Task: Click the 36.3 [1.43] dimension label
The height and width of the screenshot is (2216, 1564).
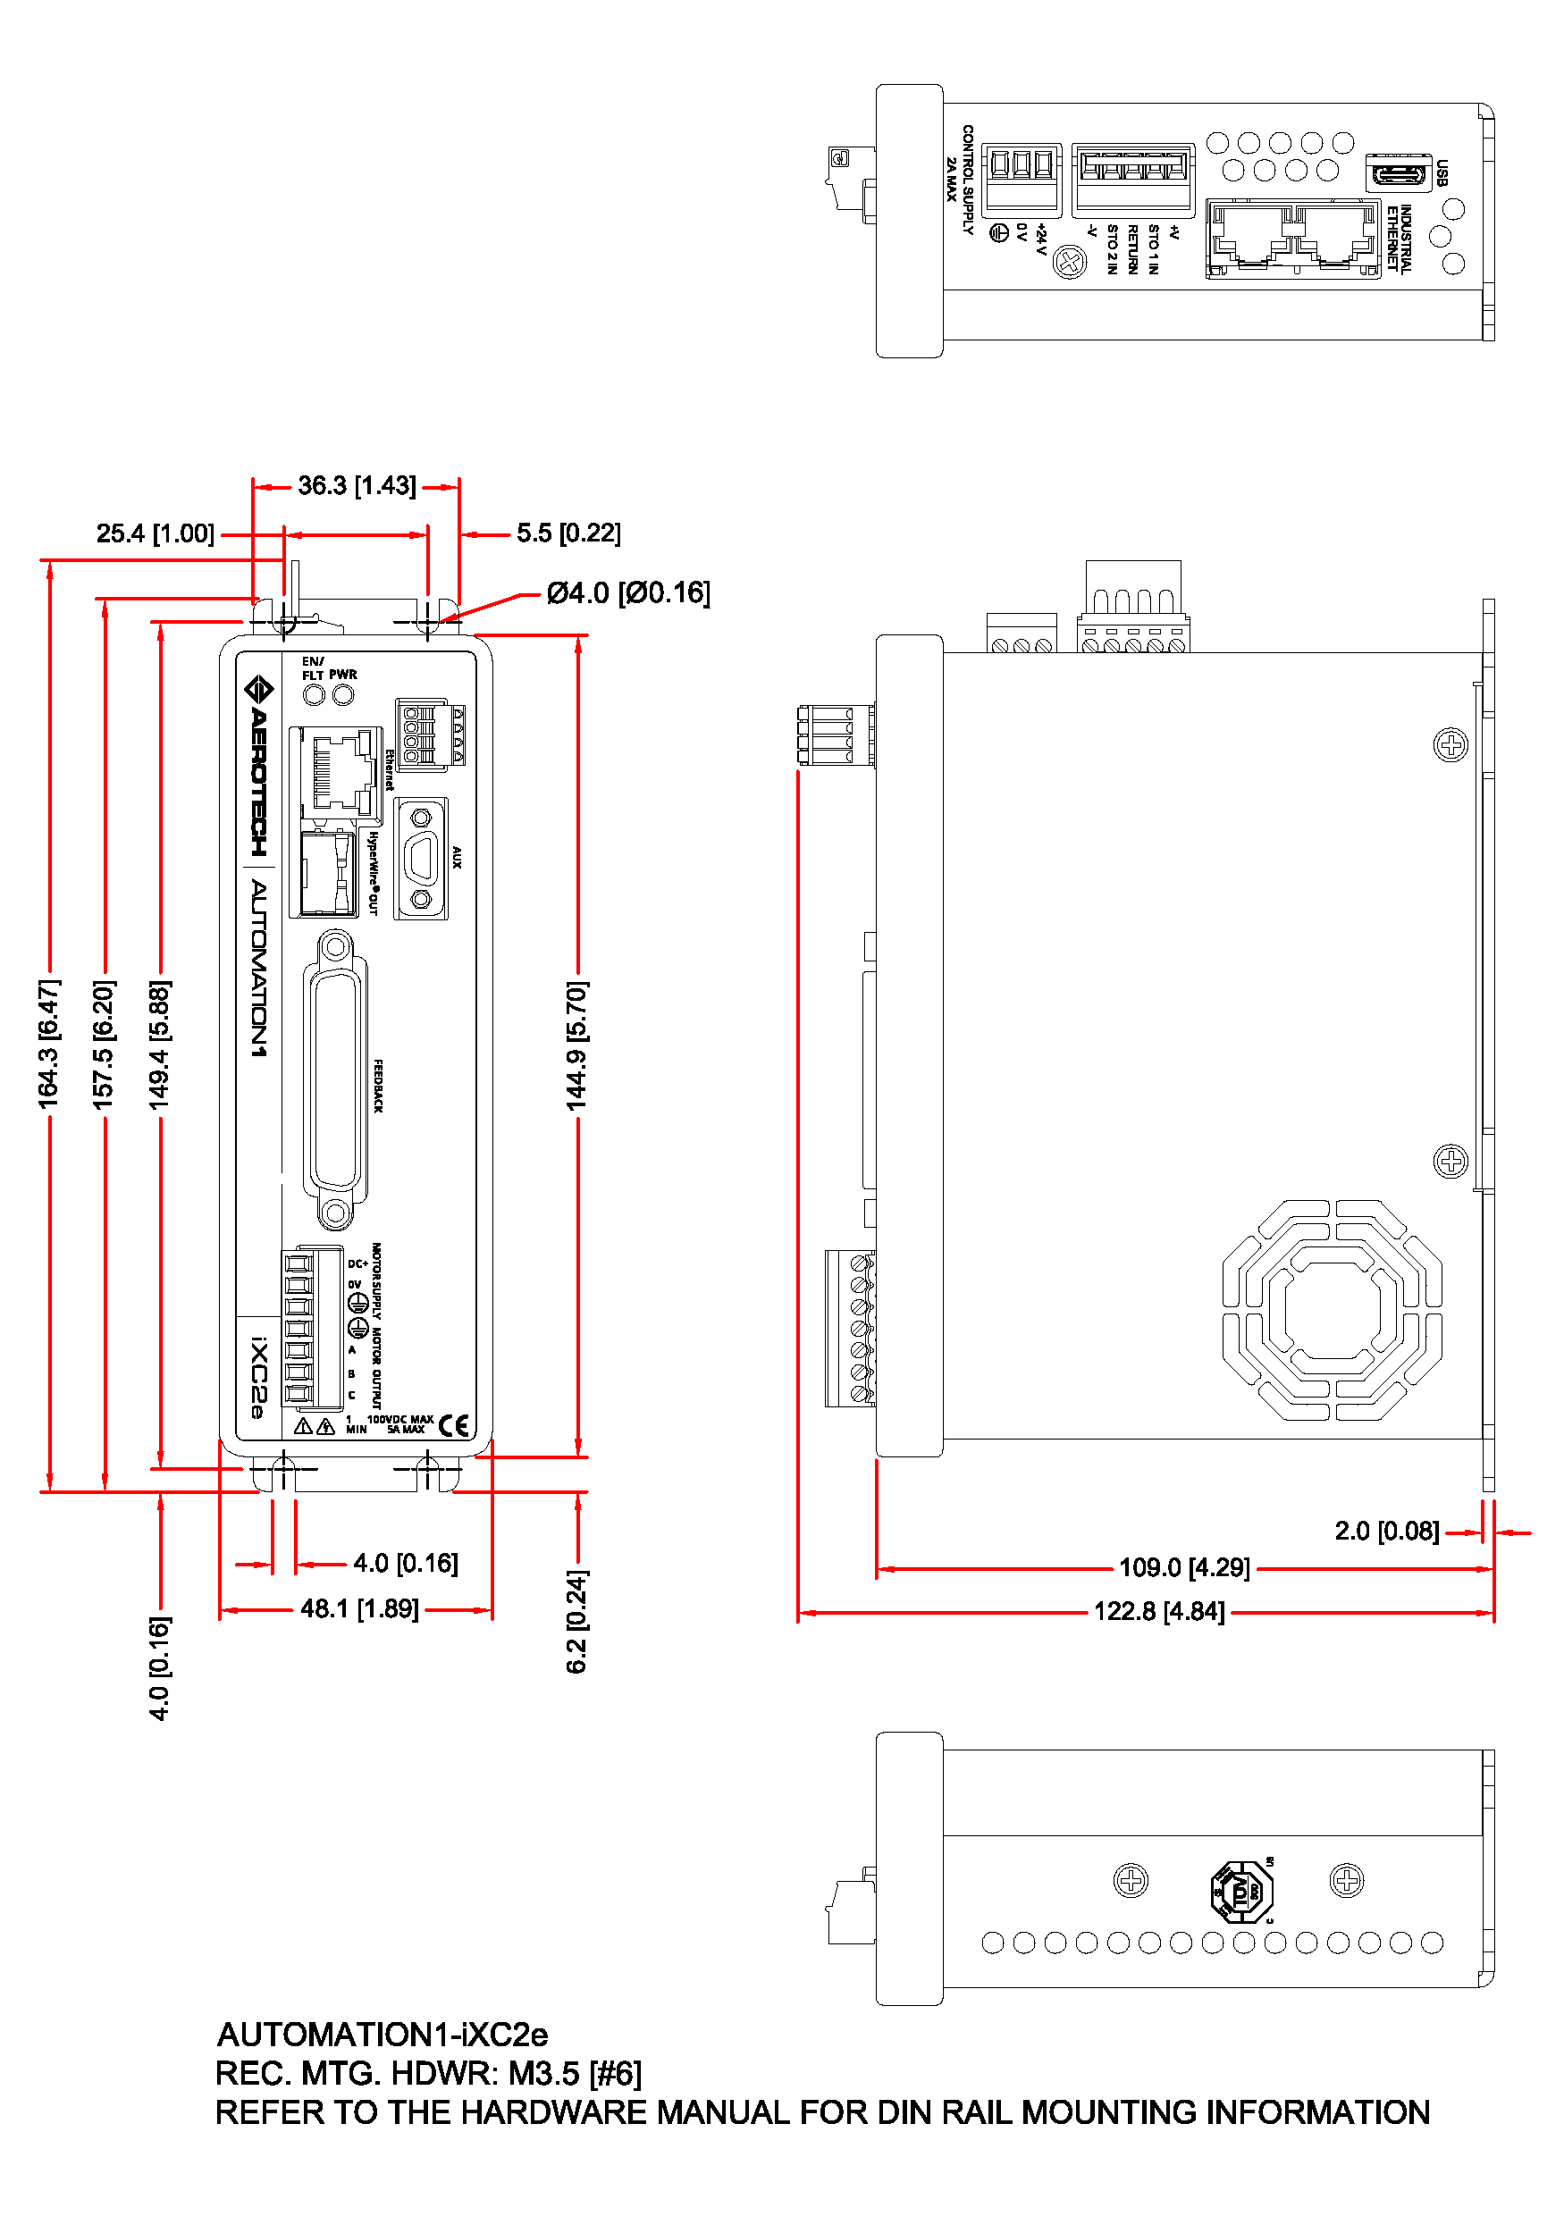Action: coord(357,485)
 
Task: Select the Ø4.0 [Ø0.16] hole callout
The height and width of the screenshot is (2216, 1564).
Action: coord(627,592)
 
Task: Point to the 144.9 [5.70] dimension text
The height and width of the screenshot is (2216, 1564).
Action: coord(576,1046)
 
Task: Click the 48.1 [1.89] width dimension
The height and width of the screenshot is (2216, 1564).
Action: coord(359,1609)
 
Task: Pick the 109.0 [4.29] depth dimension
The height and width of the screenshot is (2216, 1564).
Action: coord(1183,1567)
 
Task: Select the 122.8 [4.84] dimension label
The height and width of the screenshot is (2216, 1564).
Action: coord(1158,1612)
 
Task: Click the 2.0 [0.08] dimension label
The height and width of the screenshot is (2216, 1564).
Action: coord(1386,1532)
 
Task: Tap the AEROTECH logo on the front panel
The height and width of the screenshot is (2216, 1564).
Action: coord(257,768)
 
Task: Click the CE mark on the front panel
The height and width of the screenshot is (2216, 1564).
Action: coord(454,1426)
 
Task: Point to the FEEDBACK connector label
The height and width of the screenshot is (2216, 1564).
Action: coord(378,1086)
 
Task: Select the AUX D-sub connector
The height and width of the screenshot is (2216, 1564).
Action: coord(421,858)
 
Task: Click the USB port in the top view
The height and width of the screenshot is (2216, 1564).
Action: coord(1397,172)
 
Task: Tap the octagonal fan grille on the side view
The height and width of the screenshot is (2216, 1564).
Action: coord(1332,1310)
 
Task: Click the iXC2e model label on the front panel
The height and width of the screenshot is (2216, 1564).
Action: coord(257,1377)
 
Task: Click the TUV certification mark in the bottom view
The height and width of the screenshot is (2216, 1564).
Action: coord(1241,1892)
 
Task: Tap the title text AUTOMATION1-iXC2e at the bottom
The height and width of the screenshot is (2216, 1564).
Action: coord(383,2035)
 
